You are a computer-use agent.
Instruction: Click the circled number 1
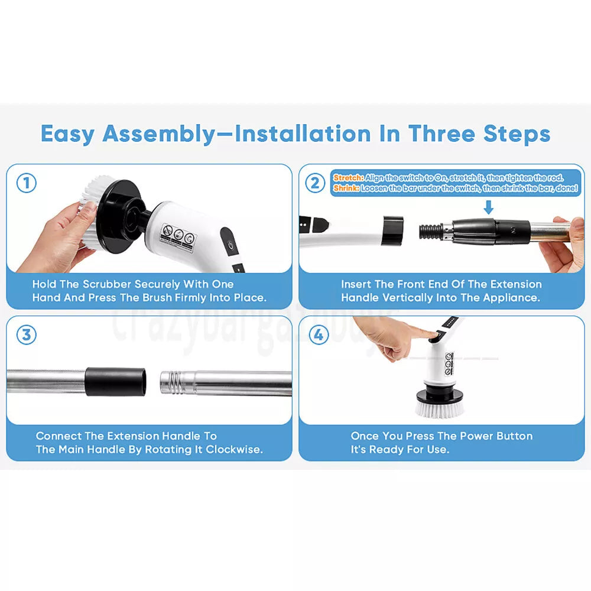coord(25,183)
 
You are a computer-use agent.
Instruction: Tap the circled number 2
coord(315,183)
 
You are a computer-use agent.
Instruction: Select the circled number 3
coord(25,335)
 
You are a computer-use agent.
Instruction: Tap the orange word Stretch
coord(348,177)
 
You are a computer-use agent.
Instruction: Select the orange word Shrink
coord(346,189)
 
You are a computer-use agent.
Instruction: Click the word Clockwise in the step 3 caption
coord(234,450)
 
